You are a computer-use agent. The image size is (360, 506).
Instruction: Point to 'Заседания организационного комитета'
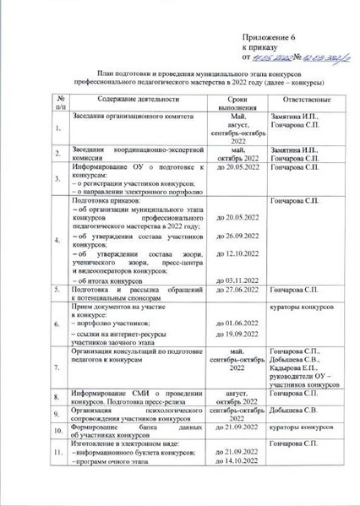tap(127, 117)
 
